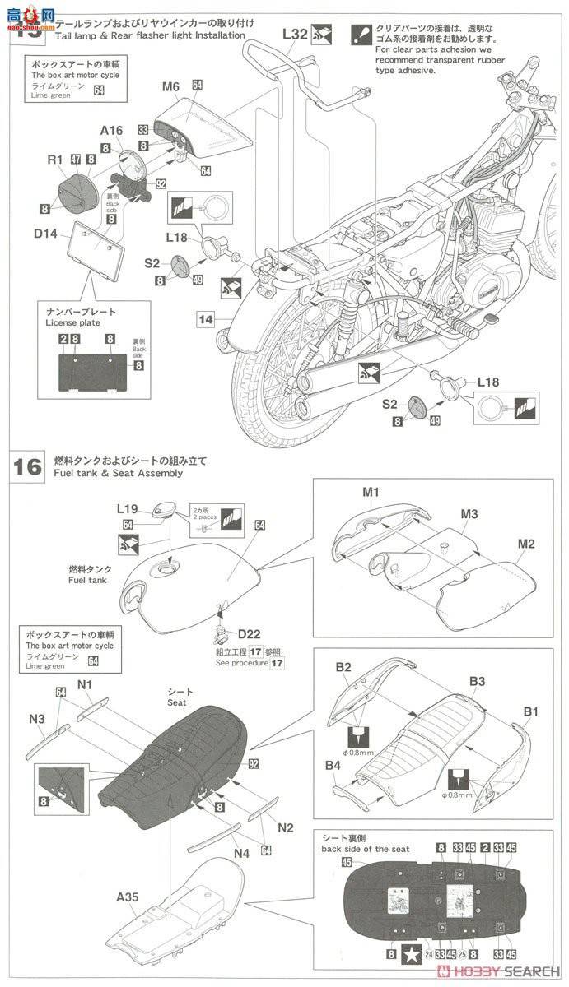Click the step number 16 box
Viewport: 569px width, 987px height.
pos(27,466)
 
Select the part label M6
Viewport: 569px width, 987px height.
pos(170,86)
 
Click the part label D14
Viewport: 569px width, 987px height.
pos(46,234)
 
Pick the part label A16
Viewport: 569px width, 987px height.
pos(112,130)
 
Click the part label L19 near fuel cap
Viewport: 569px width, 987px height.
pos(128,510)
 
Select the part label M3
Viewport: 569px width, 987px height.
pos(469,514)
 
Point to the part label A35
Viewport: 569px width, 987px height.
pos(128,897)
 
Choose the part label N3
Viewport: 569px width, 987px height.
pos(37,719)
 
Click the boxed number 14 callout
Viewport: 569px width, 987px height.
pos(206,318)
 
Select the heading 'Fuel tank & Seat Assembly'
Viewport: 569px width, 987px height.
pos(118,473)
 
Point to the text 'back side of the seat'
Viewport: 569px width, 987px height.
pos(365,849)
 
